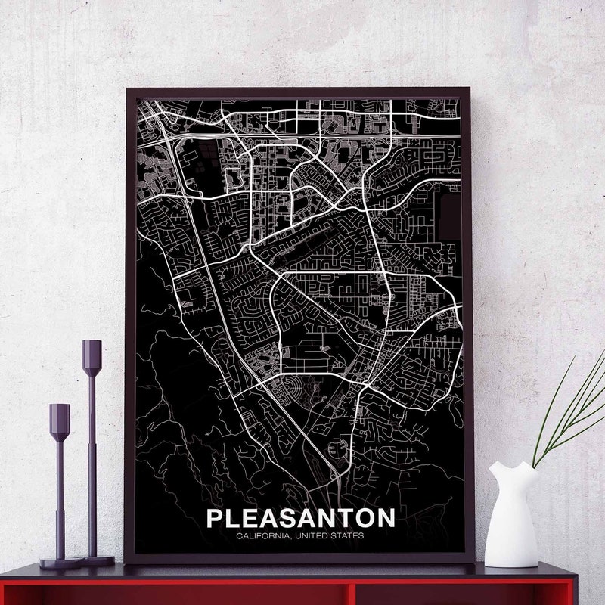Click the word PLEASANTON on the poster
pyautogui.click(x=300, y=518)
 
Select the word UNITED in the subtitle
pyautogui.click(x=314, y=536)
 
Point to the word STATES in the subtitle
pyautogui.click(x=349, y=536)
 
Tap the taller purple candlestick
pyautogui.click(x=92, y=454)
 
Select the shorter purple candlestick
pyautogui.click(x=60, y=484)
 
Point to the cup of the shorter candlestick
pyautogui.click(x=60, y=415)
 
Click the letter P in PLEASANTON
pyautogui.click(x=214, y=518)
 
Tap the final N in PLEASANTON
pyautogui.click(x=385, y=518)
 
